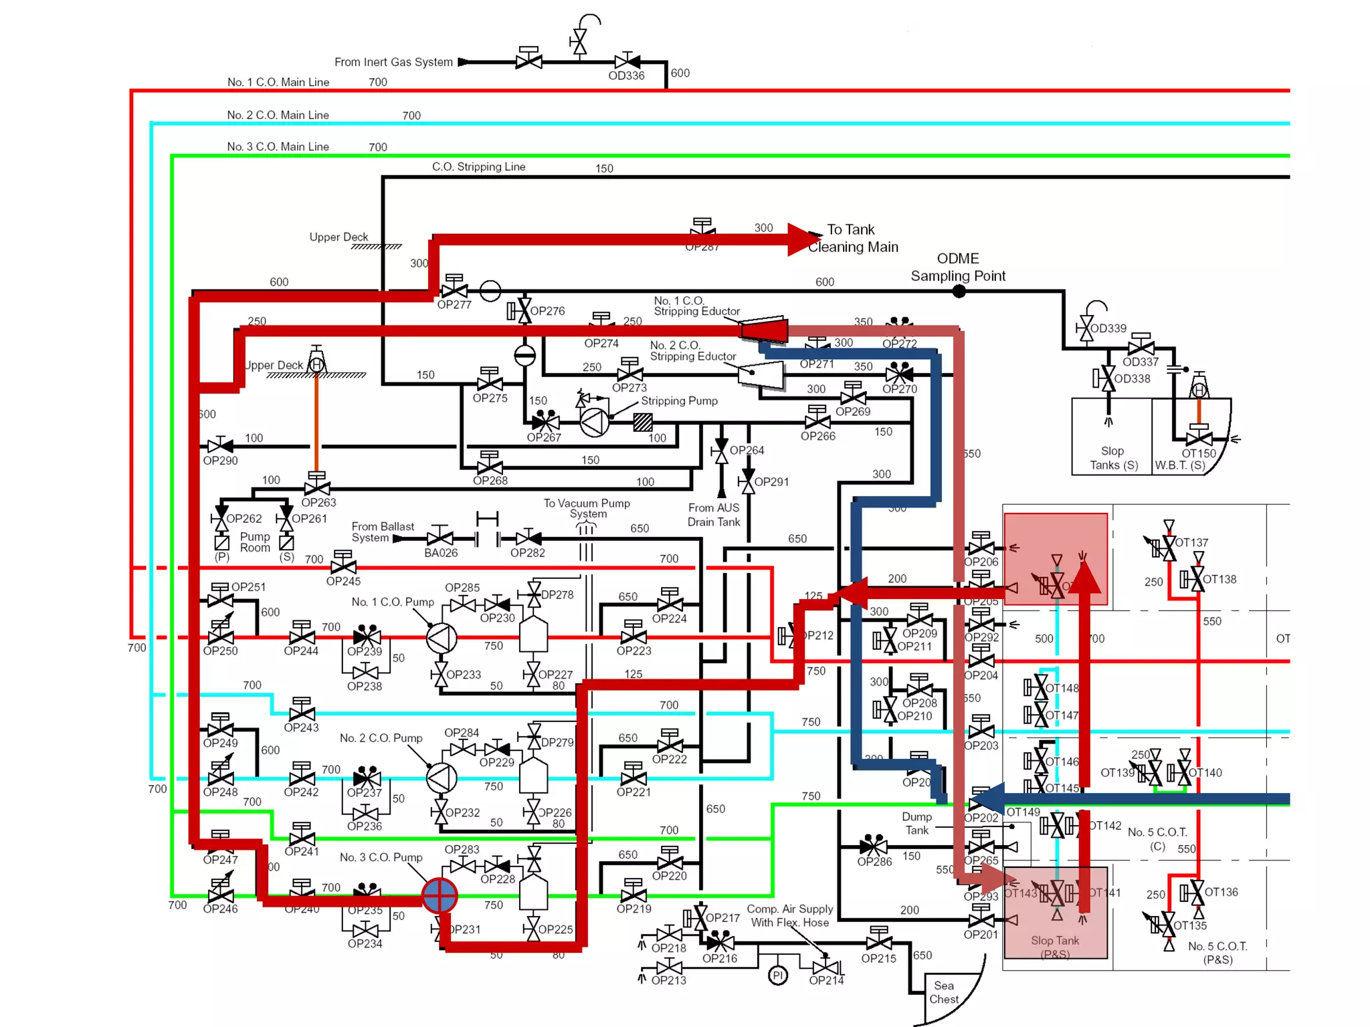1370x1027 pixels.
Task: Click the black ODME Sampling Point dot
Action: tap(959, 292)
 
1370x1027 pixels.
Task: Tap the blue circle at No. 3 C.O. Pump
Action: tap(439, 895)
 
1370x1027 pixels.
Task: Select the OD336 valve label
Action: tap(626, 76)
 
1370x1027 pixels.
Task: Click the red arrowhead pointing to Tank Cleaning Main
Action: tap(802, 239)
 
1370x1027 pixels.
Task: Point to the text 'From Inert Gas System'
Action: tap(393, 62)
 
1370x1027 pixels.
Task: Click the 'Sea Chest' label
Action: tap(943, 992)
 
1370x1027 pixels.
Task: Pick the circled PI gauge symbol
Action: tap(777, 976)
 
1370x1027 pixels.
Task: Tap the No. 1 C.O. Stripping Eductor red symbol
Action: tap(764, 329)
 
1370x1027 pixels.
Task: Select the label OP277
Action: tap(454, 305)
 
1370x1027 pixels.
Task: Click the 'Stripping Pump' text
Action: tap(679, 401)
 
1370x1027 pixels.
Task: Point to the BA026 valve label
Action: tap(441, 553)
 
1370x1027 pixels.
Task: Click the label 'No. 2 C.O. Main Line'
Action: tap(278, 115)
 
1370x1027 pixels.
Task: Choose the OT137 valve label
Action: tap(1191, 542)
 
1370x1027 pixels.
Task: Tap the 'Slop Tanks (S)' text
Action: tap(1113, 458)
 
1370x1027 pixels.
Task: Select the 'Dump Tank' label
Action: tap(916, 823)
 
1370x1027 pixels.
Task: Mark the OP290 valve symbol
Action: tap(220, 445)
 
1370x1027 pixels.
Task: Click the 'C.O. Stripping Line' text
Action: tap(478, 166)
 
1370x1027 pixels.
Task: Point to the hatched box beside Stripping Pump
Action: tap(643, 422)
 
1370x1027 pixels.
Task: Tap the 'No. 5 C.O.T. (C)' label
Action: tap(1157, 838)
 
